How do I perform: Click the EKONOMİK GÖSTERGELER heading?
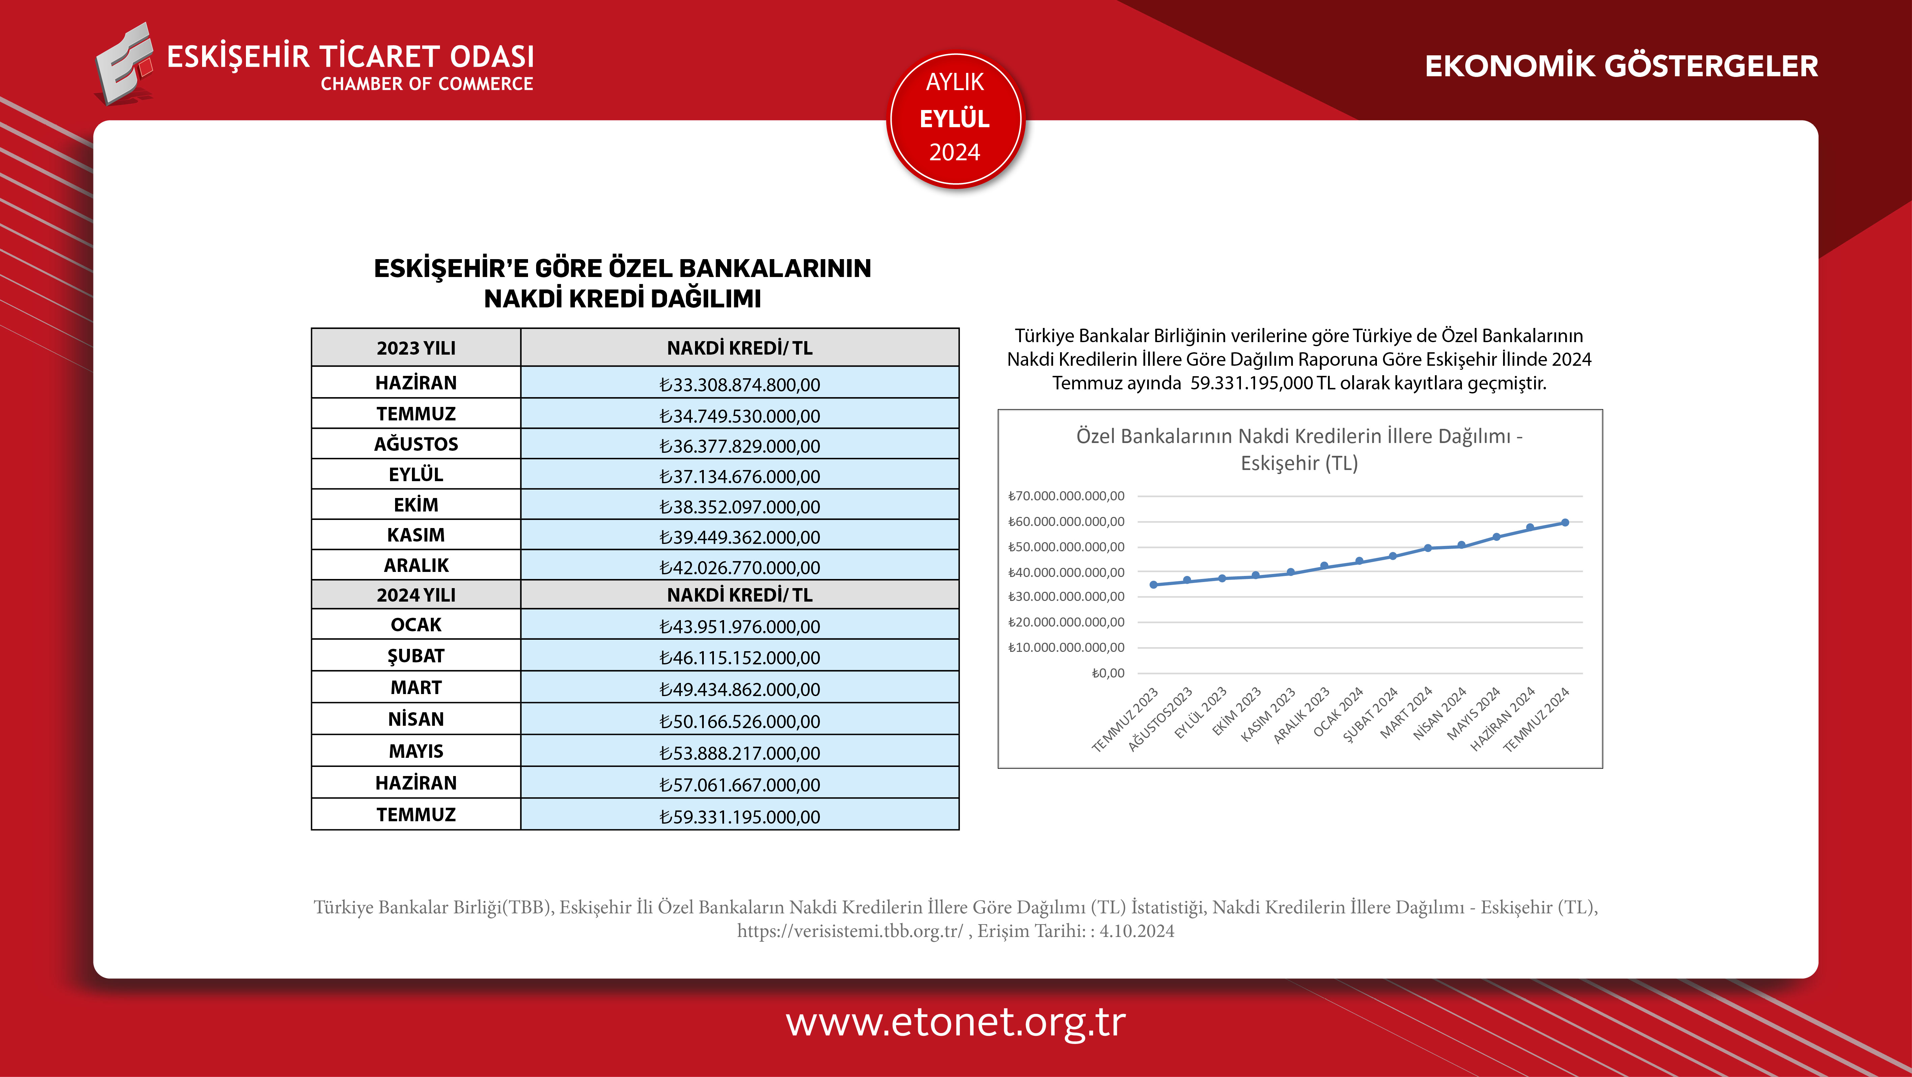pos(1621,66)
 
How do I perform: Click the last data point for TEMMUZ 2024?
pos(1564,523)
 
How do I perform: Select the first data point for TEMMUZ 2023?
pos(1154,585)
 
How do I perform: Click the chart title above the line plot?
pos(1299,449)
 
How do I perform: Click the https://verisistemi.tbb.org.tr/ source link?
pos(850,931)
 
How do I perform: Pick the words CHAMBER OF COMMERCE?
pos(427,84)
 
